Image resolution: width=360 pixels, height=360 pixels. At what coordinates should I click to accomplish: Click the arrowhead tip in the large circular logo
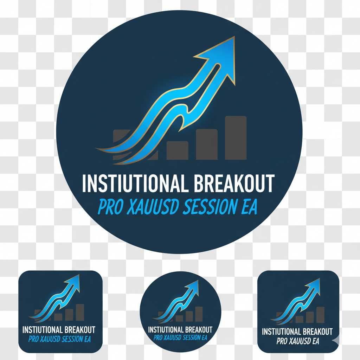click(234, 37)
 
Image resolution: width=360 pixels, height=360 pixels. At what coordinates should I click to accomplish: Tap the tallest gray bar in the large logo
click(236, 138)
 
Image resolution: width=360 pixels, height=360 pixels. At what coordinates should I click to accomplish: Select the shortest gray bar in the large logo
click(178, 150)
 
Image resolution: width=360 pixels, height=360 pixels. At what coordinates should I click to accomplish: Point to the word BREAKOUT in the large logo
click(234, 183)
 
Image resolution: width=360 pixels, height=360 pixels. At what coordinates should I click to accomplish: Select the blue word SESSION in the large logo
click(210, 207)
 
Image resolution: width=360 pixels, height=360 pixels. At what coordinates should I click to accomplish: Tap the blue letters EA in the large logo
click(249, 207)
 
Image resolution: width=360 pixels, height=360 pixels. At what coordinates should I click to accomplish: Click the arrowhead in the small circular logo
click(193, 285)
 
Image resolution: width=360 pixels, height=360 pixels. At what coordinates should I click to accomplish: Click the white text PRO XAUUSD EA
click(298, 341)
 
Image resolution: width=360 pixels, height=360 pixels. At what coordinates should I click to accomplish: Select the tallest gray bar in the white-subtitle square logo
click(320, 315)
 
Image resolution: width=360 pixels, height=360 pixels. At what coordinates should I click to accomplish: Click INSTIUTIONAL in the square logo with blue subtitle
click(42, 330)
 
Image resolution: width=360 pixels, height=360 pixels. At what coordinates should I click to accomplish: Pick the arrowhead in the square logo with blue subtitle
click(74, 281)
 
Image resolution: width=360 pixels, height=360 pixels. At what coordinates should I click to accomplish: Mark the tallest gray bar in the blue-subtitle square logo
click(80, 312)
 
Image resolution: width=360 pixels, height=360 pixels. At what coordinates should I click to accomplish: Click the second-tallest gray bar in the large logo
click(207, 144)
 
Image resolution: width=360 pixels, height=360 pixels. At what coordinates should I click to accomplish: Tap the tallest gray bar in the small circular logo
click(199, 314)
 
